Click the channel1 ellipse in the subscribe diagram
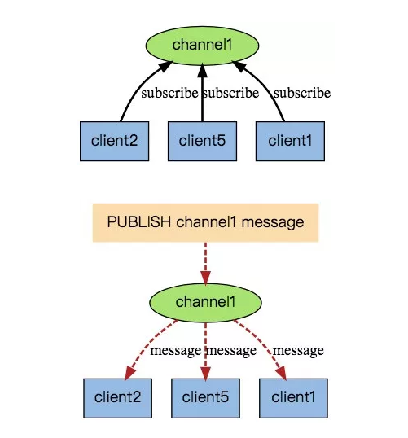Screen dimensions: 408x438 point(202,46)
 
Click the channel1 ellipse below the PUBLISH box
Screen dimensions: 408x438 point(205,303)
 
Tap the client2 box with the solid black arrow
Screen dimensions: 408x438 point(114,141)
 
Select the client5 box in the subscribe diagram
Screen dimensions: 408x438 point(202,141)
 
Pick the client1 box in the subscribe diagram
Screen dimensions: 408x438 point(290,141)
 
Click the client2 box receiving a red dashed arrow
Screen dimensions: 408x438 point(117,398)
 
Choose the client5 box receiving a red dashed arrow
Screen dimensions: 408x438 point(205,398)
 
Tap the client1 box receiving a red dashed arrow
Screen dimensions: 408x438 point(293,398)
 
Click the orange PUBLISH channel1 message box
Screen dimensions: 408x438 point(205,222)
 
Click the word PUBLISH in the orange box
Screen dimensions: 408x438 point(139,222)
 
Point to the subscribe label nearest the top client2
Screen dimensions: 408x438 point(169,93)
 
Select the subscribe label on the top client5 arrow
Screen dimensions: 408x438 point(230,93)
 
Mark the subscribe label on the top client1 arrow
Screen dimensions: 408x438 point(302,93)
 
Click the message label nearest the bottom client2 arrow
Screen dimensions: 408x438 point(175,351)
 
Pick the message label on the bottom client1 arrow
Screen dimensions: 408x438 point(298,351)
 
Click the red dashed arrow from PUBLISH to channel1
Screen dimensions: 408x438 point(206,264)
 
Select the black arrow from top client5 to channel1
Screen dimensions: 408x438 point(202,93)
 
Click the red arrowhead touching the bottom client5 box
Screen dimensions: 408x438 point(205,373)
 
